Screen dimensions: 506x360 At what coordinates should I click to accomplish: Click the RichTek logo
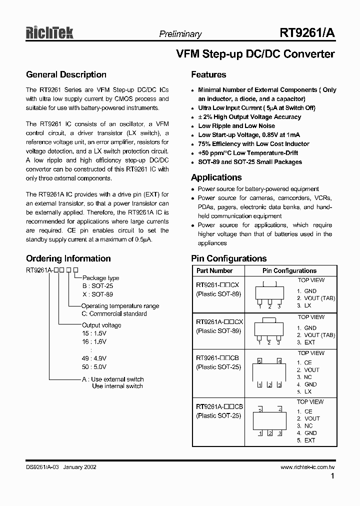pyautogui.click(x=49, y=32)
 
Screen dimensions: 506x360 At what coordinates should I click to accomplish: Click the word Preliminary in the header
pyautogui.click(x=180, y=34)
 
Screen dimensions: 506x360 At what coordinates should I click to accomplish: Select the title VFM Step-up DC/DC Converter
pyautogui.click(x=255, y=54)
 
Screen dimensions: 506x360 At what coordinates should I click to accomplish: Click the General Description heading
pyautogui.click(x=66, y=75)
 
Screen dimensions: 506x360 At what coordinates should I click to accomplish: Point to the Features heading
pyautogui.click(x=208, y=75)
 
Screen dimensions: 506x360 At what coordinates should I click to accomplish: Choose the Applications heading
pyautogui.click(x=216, y=177)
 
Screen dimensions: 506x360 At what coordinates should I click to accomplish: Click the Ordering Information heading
pyautogui.click(x=68, y=258)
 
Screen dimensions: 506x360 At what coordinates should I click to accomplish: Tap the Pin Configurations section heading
pyautogui.click(x=228, y=258)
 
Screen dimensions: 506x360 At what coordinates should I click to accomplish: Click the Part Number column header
pyautogui.click(x=214, y=270)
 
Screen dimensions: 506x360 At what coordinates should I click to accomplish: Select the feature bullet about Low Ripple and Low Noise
pyautogui.click(x=236, y=126)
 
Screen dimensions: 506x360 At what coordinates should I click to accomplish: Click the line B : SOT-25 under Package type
pyautogui.click(x=97, y=285)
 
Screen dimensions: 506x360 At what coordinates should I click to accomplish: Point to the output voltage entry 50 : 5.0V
pyautogui.click(x=94, y=366)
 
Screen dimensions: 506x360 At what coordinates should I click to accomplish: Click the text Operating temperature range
pyautogui.click(x=120, y=306)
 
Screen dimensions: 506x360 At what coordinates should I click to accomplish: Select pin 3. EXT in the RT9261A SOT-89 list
pyautogui.click(x=306, y=342)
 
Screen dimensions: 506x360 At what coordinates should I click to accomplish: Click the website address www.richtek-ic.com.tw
pyautogui.click(x=307, y=467)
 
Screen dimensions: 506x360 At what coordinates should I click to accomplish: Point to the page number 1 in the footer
pyautogui.click(x=332, y=477)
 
